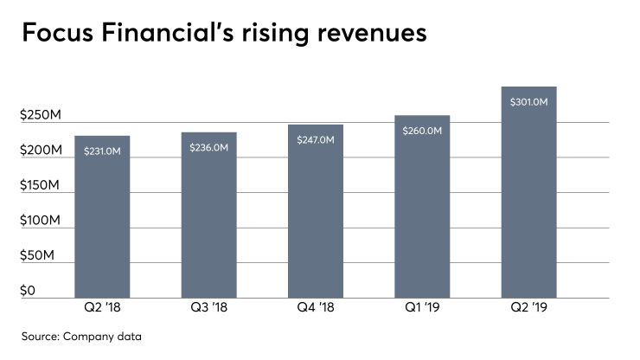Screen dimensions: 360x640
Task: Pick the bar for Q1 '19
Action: [x=422, y=216]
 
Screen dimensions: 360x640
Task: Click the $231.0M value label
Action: [x=102, y=151]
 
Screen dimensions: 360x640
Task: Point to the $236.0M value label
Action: [x=208, y=147]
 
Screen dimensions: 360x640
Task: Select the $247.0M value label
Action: [x=315, y=139]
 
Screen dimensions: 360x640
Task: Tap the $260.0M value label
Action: [x=422, y=131]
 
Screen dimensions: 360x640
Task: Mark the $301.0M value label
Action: [x=528, y=102]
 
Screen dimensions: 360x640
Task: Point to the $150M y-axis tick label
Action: [x=40, y=186]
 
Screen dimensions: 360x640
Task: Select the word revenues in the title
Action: [x=363, y=35]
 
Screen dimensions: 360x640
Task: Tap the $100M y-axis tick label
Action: [x=40, y=222]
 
